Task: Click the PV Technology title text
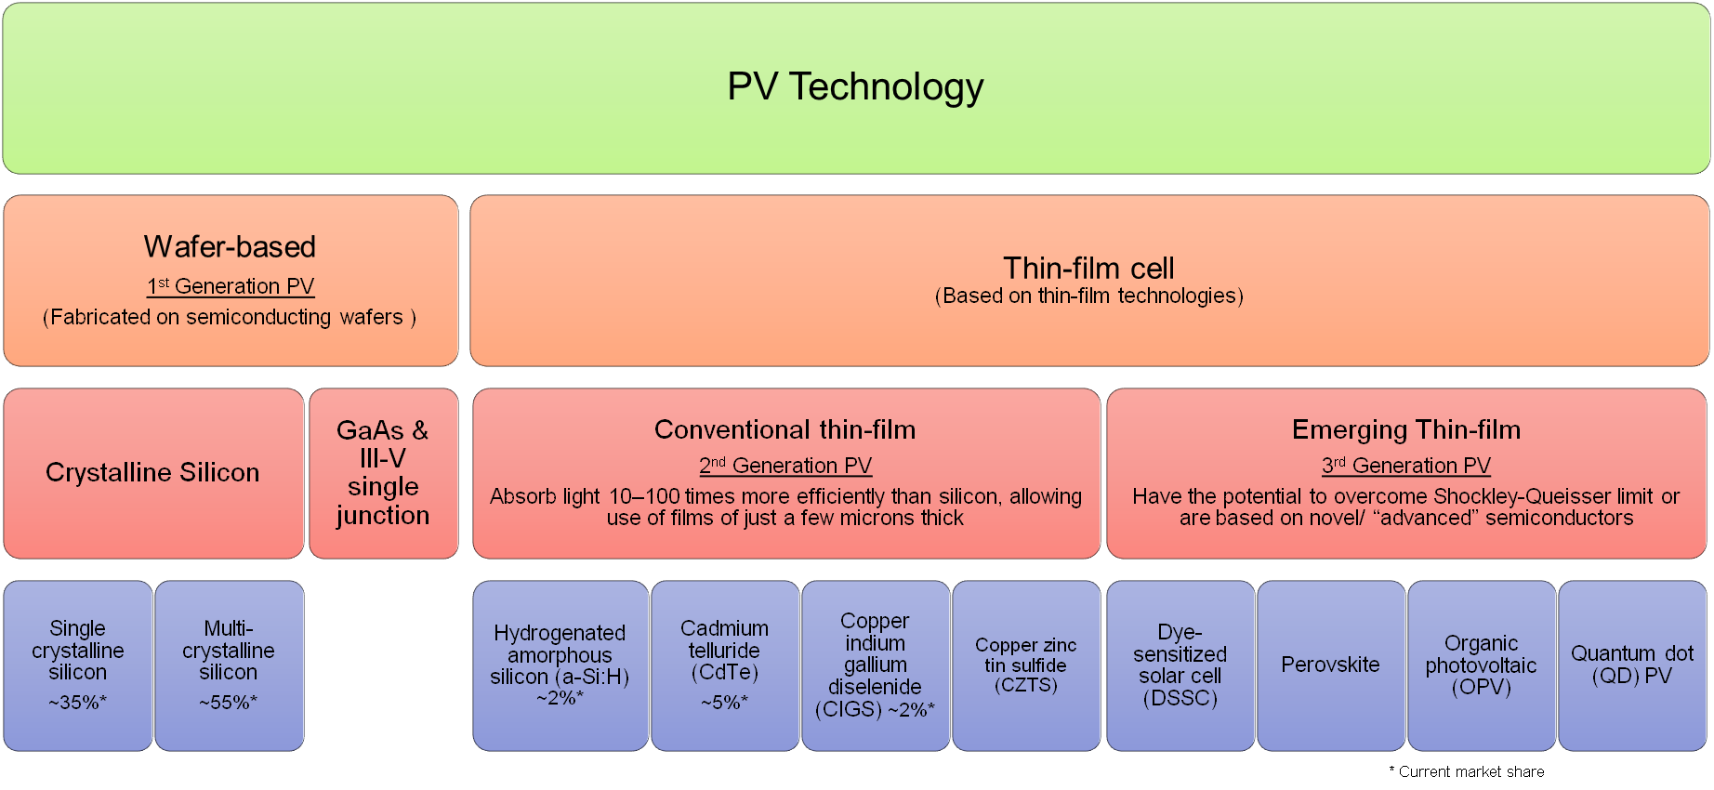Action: pyautogui.click(x=855, y=86)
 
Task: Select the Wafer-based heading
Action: pyautogui.click(x=230, y=247)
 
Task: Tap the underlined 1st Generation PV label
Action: pyautogui.click(x=231, y=286)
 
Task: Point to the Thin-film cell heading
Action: pyautogui.click(x=1088, y=269)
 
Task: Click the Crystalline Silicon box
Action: pyautogui.click(x=152, y=473)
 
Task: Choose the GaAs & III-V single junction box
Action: pyautogui.click(x=383, y=473)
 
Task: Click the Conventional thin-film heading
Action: pyautogui.click(x=784, y=429)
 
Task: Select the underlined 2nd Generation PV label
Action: pyautogui.click(x=785, y=466)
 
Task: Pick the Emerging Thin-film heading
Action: pyautogui.click(x=1405, y=429)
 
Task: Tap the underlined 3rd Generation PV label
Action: pyautogui.click(x=1405, y=466)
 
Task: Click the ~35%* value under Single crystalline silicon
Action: pyautogui.click(x=77, y=703)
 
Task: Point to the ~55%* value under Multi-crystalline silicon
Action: pyautogui.click(x=228, y=703)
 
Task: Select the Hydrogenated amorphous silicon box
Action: pyautogui.click(x=560, y=665)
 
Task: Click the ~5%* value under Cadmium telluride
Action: pyautogui.click(x=724, y=703)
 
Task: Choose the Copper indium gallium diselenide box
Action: pyautogui.click(x=875, y=665)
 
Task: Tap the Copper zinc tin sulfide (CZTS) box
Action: pyautogui.click(x=1025, y=665)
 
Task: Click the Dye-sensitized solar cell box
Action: pyautogui.click(x=1180, y=665)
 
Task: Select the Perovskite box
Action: pyautogui.click(x=1330, y=665)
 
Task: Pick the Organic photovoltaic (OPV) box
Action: pyautogui.click(x=1481, y=665)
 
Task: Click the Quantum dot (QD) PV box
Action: pyautogui.click(x=1631, y=665)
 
